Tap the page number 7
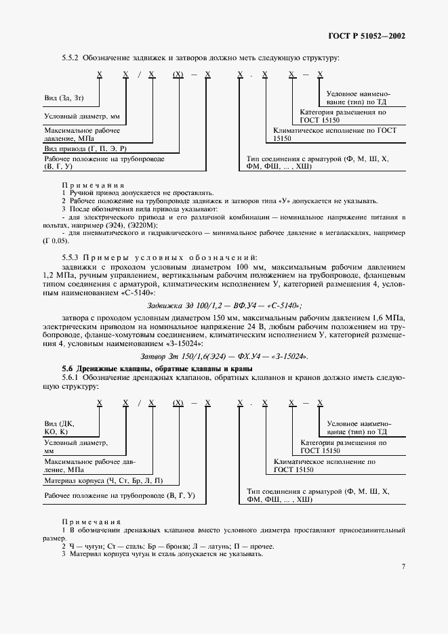pos(403,566)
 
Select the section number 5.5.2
pos(70,58)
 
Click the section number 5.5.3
pos(70,257)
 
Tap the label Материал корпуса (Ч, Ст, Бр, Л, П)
pos(103,480)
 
